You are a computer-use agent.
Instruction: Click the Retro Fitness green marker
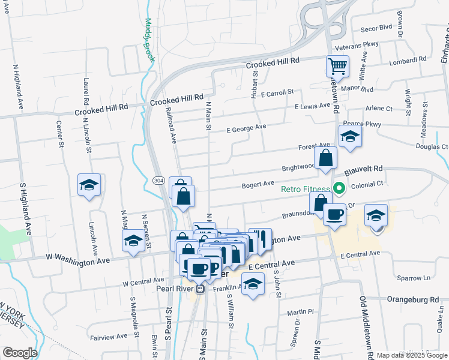339,189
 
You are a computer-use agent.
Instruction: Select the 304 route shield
158,180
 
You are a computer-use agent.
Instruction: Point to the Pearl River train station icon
202,289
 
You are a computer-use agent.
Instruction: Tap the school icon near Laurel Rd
89,184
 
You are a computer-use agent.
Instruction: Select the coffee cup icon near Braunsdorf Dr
334,214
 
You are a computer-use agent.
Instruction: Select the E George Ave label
246,128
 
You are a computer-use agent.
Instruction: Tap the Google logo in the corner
20,353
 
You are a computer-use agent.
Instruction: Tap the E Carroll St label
277,92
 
